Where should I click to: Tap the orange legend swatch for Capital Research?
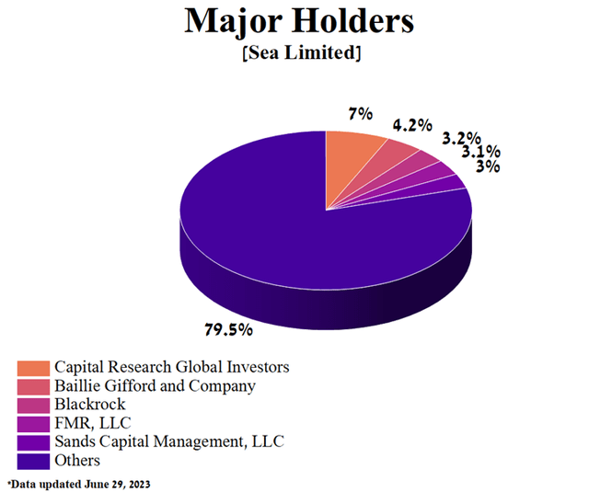[x=33, y=368]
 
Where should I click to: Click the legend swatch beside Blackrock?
[x=33, y=405]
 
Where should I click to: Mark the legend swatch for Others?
[x=33, y=460]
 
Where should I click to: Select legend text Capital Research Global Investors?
[x=171, y=367]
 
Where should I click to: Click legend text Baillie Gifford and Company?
[x=155, y=386]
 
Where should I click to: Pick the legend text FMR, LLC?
[x=92, y=423]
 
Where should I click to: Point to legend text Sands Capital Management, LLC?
[x=169, y=441]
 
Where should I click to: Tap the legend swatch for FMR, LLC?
[x=33, y=423]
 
